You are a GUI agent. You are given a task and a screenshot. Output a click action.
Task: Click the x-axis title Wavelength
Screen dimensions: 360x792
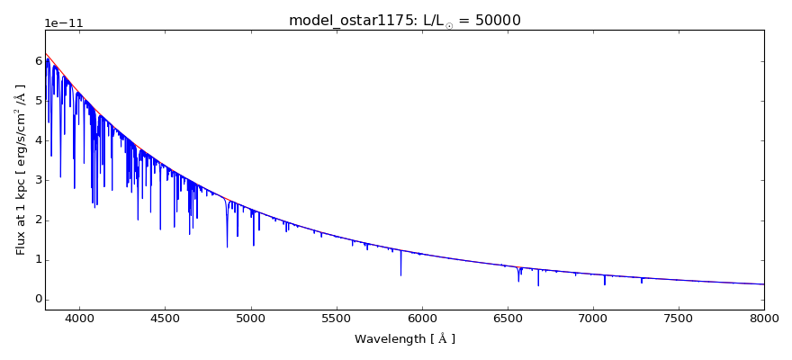404,339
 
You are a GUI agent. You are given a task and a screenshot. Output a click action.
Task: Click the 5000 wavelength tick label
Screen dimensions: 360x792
250,318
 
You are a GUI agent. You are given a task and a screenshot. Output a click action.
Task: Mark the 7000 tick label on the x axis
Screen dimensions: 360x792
592,318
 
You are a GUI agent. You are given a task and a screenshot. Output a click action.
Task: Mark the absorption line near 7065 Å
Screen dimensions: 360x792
605,280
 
